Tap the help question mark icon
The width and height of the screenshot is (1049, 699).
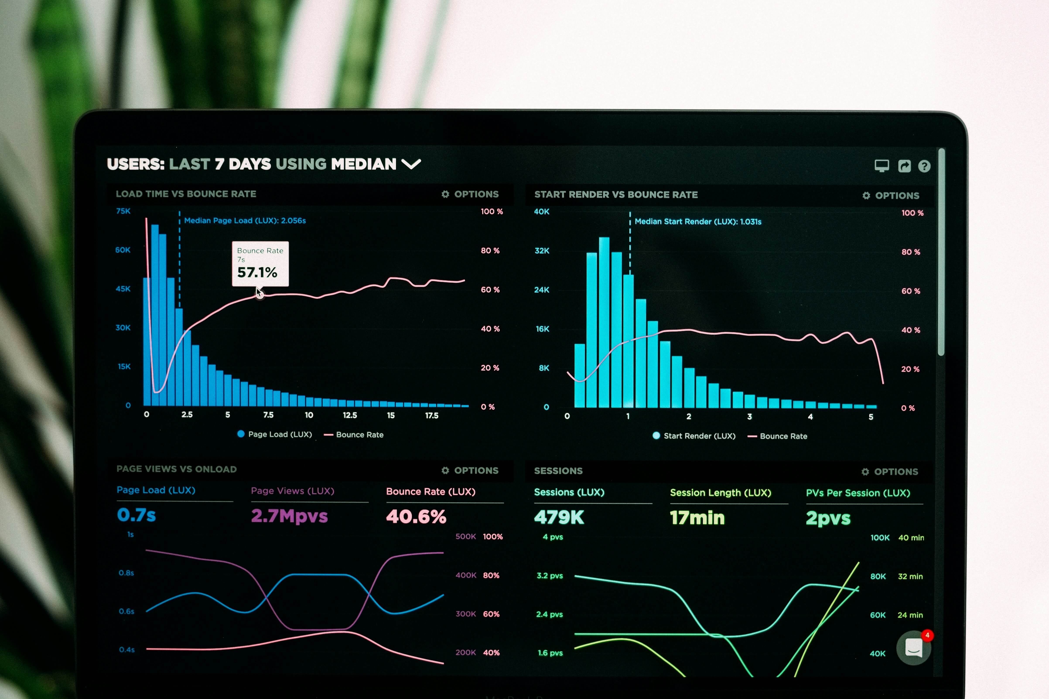coord(924,166)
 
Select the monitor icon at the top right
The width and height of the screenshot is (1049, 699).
coord(881,166)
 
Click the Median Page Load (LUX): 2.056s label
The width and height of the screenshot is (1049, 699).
coord(245,221)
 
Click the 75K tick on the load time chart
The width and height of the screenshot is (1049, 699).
coord(123,211)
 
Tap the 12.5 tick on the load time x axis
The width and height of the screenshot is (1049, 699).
coord(350,415)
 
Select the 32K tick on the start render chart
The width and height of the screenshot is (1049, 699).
coord(542,250)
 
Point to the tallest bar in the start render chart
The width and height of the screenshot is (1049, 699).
coord(604,321)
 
